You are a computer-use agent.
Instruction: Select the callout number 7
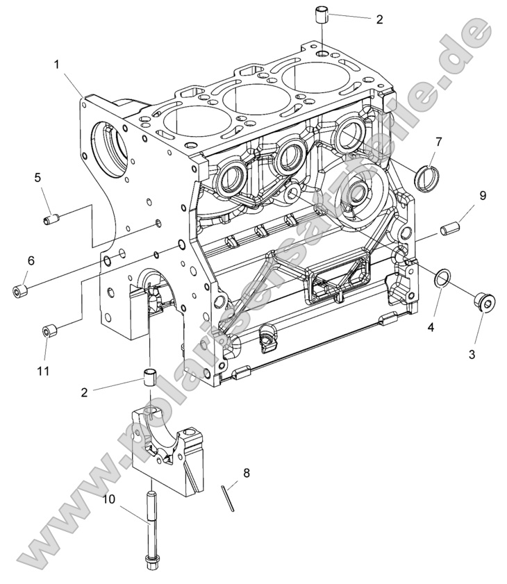[x=438, y=142]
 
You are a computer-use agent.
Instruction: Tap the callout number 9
[x=482, y=197]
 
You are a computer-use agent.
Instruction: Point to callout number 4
[x=431, y=325]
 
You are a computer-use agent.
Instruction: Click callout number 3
[x=472, y=354]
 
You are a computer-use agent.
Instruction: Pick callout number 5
[x=38, y=178]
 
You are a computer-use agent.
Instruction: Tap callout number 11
[x=43, y=371]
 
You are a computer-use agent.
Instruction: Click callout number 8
[x=247, y=474]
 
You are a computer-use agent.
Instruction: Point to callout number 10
[x=110, y=499]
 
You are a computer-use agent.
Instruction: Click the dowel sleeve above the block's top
[x=322, y=15]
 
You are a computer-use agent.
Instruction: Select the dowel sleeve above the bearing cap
[x=148, y=378]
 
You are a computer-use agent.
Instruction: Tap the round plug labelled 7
[x=424, y=178]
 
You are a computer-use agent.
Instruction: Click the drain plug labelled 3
[x=485, y=302]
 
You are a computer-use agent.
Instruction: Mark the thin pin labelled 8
[x=228, y=497]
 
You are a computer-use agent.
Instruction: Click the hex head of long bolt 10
[x=151, y=558]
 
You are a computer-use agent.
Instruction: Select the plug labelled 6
[x=19, y=289]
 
